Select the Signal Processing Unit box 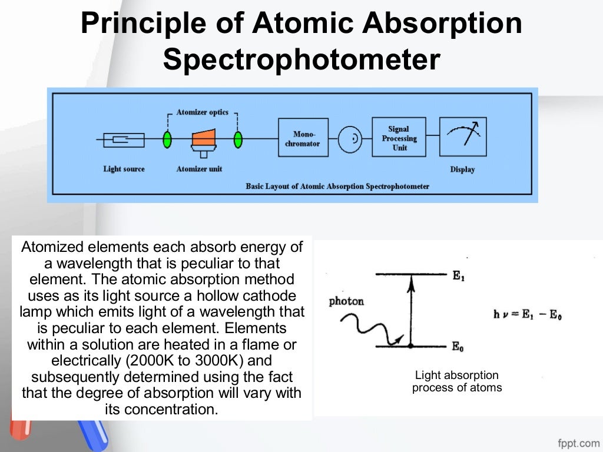pos(399,138)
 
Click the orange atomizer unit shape pos(202,139)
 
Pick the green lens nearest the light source pos(167,139)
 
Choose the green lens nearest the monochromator pos(238,139)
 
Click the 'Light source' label pos(124,169)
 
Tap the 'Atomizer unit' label pos(199,169)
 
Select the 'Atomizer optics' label pos(202,112)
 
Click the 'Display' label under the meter pos(462,169)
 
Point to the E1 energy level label pos(459,275)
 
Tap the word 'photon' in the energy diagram pos(346,301)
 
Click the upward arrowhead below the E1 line pos(412,281)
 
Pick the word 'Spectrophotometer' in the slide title pos(301,60)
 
